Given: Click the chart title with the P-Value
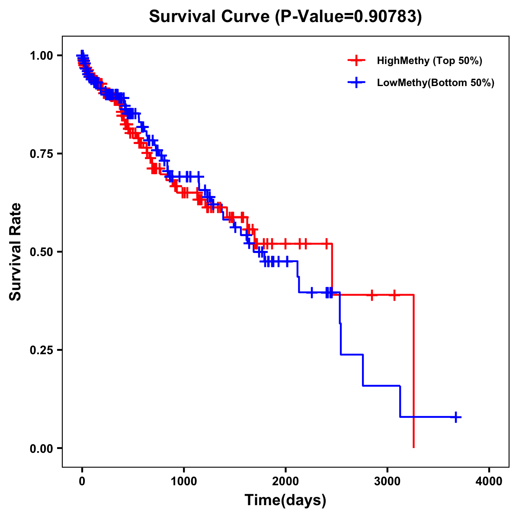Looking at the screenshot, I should [x=285, y=17].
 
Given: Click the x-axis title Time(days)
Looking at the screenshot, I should [x=285, y=500].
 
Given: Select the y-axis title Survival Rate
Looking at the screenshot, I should [x=16, y=252].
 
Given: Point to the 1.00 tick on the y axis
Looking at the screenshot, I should [x=41, y=56].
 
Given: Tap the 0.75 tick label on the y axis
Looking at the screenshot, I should [x=41, y=154].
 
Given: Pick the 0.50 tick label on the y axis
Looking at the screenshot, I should [x=41, y=252].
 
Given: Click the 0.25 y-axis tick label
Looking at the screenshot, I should [x=41, y=350].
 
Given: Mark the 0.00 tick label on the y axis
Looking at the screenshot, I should [x=41, y=449].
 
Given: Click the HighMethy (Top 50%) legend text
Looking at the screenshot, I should [x=429, y=61].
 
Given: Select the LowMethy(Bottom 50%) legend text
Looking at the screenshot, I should [x=436, y=83].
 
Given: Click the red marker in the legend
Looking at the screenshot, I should [x=356, y=61].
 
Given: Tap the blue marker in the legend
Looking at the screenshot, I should [x=356, y=83].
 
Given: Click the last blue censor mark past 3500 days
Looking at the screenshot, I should [x=456, y=417].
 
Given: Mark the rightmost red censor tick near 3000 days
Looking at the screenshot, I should [x=394, y=295].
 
